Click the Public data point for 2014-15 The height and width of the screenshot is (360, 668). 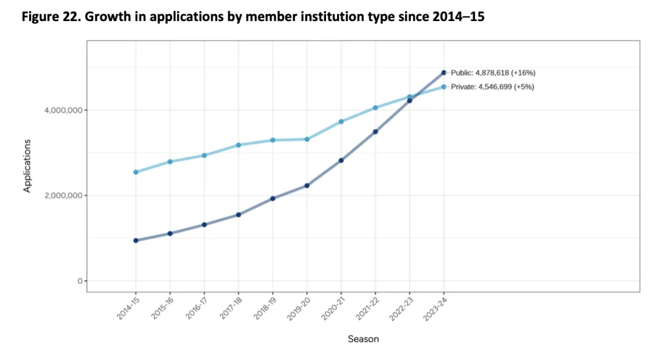coord(135,241)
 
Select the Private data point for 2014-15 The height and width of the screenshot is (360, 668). coord(135,172)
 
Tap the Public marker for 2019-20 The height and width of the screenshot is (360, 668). coord(307,186)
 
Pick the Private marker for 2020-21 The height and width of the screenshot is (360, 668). coord(341,121)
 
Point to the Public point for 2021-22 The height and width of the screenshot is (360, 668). coord(375,132)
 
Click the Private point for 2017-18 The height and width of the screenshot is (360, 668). coord(238,145)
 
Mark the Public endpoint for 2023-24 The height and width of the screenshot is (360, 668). coord(443,72)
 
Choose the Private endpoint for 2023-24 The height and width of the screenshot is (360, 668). coord(443,87)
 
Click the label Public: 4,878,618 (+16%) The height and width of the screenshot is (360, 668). coord(492,72)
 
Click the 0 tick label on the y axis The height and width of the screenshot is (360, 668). coord(80,281)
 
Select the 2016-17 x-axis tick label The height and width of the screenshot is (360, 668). coord(196,307)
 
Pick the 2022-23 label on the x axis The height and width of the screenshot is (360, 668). coord(401,307)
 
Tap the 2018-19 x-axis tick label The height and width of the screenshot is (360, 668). coord(265,307)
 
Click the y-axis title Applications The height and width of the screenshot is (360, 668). coord(27,165)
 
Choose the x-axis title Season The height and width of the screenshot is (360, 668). coord(363,339)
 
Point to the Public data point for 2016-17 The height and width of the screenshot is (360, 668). coord(204,225)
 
